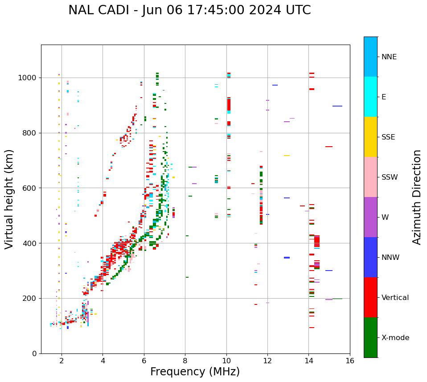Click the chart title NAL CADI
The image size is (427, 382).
189,10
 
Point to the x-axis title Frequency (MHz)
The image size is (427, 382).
195,372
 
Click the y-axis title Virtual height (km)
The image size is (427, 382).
9,199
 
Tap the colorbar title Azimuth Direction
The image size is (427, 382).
417,197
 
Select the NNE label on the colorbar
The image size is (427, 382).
389,57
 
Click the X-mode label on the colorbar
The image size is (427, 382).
395,338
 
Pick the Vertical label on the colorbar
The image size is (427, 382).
395,298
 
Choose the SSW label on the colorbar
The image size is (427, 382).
390,177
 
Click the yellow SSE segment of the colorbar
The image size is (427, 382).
370,137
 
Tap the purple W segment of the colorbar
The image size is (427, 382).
370,217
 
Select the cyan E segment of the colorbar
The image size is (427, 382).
370,97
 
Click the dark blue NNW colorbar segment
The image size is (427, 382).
370,257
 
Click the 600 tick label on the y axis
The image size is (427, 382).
32,188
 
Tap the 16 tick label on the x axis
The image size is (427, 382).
350,361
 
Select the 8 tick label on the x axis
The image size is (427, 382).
185,361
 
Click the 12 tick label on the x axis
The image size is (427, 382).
267,361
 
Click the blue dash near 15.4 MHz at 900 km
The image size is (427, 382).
337,106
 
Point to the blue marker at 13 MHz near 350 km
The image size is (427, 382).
287,258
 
